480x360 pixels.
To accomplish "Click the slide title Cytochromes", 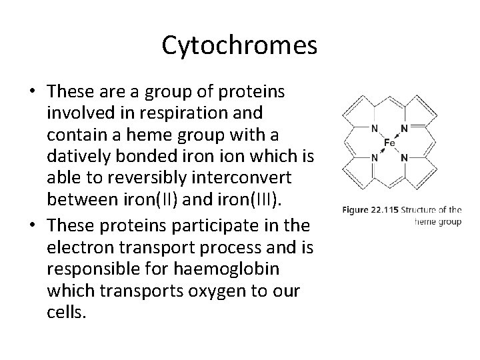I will click(239, 45).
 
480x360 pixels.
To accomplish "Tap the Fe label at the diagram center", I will click(390, 143).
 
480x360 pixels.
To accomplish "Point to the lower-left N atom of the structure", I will click(374, 158).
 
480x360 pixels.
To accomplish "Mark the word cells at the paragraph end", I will click(66, 313).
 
